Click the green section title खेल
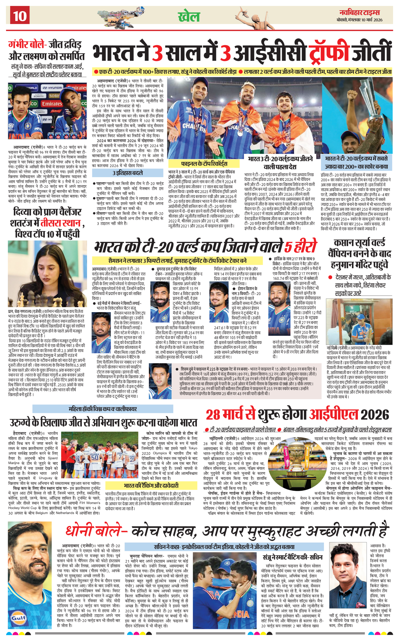pos(189,17)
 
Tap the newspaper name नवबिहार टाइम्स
pos(359,12)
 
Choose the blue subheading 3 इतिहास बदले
pos(128,173)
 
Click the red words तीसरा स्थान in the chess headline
pos(60,223)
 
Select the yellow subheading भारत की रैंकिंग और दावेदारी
pos(151,486)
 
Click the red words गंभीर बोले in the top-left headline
pos(27,44)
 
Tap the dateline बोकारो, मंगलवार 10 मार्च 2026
pos(359,20)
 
